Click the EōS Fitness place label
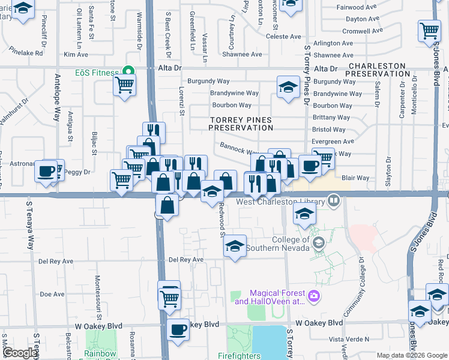[x=97, y=72]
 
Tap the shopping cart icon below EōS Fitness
[x=124, y=85]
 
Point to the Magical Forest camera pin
[x=313, y=296]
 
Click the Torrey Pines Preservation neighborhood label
[x=240, y=124]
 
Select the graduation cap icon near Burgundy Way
[x=288, y=87]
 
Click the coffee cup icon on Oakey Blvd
[x=178, y=329]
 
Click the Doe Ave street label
[x=52, y=294]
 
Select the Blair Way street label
[x=355, y=178]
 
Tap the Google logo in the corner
[x=20, y=353]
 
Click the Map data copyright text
[x=411, y=355]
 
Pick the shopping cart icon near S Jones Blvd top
[x=429, y=31]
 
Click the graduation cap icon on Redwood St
[x=235, y=245]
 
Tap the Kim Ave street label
[x=76, y=55]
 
